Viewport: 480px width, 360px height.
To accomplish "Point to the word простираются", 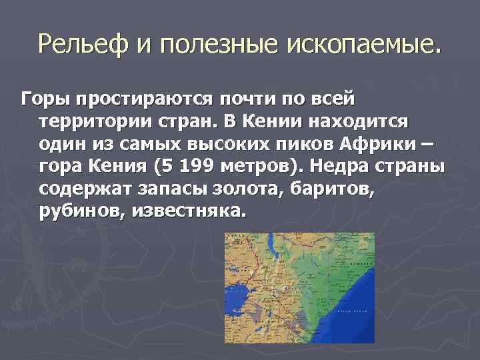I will [x=145, y=99].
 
